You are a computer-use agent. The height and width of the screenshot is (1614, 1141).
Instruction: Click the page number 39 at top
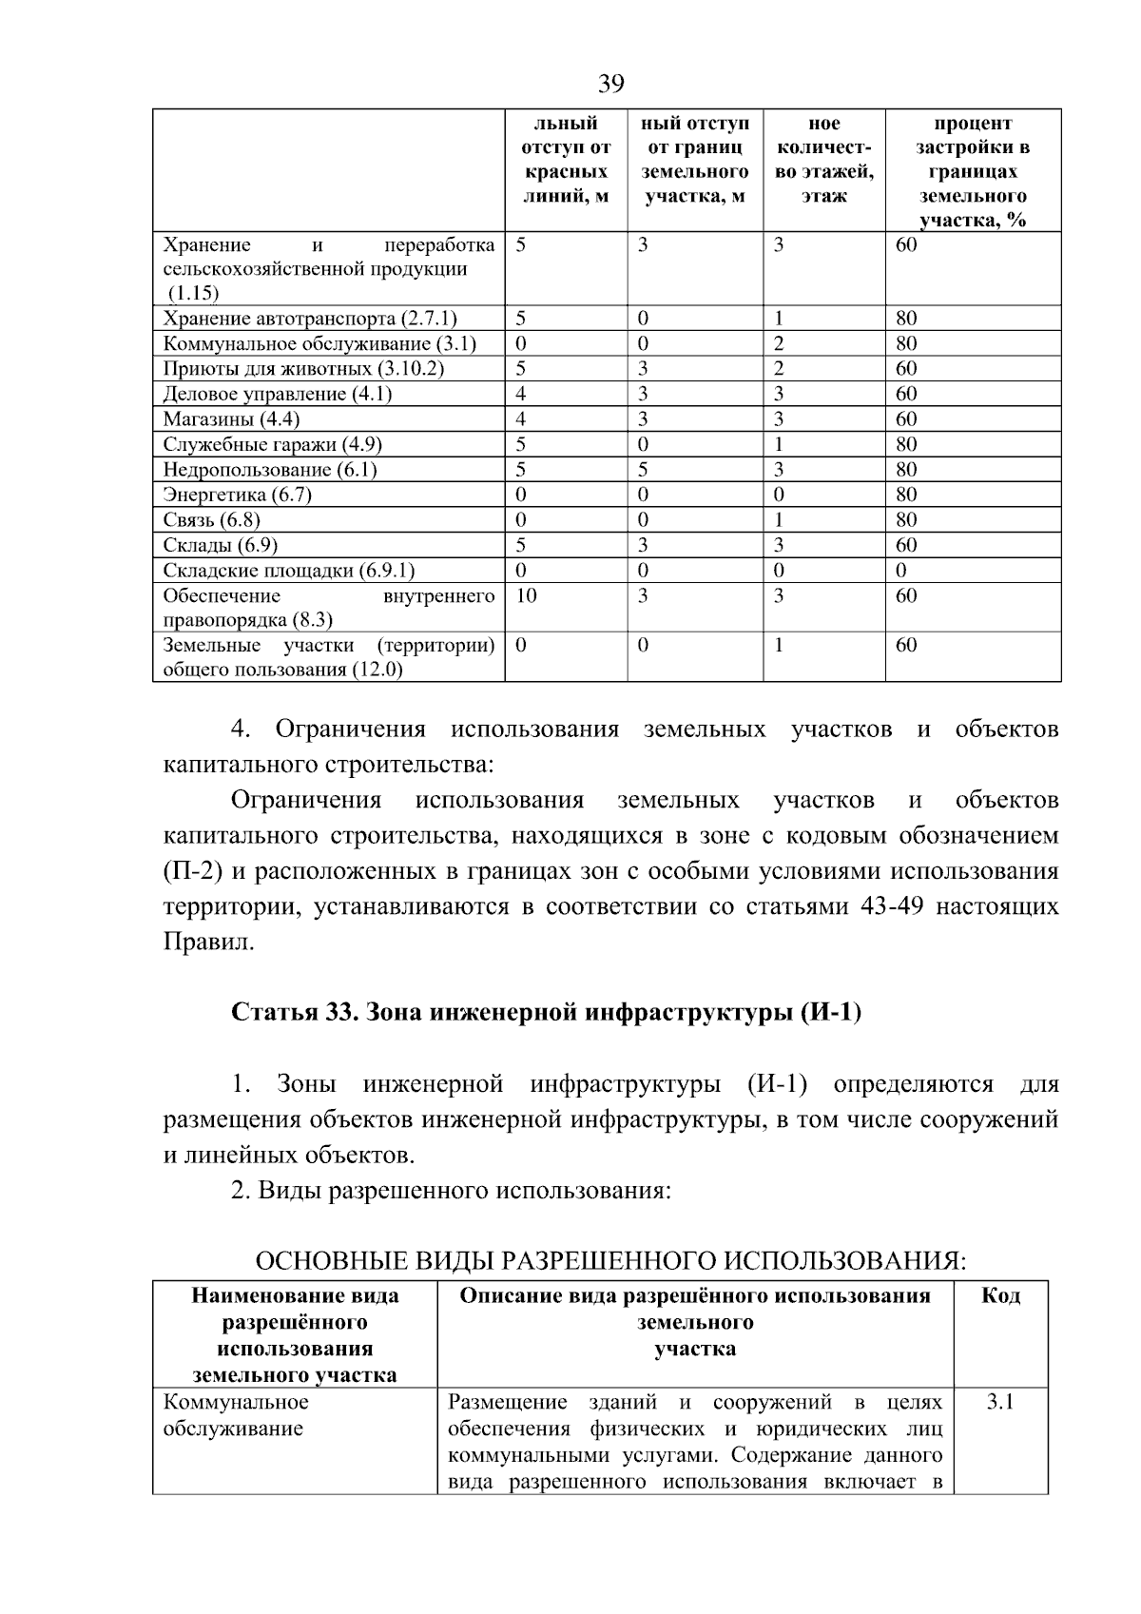(611, 85)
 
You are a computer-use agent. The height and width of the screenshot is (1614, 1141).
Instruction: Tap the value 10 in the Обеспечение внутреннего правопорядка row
(526, 595)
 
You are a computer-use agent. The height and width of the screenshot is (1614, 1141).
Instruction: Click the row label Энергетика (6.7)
(237, 495)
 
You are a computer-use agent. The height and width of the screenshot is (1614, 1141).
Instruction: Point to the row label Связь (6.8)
(211, 520)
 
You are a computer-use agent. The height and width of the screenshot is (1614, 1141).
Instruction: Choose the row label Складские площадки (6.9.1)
(288, 571)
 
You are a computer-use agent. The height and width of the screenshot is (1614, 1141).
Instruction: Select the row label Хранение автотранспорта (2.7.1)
(309, 319)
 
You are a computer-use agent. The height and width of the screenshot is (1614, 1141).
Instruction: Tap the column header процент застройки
(973, 172)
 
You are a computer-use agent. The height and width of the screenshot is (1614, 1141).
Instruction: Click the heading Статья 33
(546, 1012)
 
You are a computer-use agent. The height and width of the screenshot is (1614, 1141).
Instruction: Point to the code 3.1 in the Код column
(1000, 1402)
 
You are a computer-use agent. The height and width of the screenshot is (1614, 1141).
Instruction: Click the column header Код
(1000, 1296)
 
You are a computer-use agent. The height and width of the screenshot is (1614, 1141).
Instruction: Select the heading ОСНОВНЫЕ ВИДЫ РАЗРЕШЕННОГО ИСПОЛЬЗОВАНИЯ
(610, 1261)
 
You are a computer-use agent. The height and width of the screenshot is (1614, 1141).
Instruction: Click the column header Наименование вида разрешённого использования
(295, 1335)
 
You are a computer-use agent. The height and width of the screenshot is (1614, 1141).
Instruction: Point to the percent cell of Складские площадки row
(902, 571)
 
